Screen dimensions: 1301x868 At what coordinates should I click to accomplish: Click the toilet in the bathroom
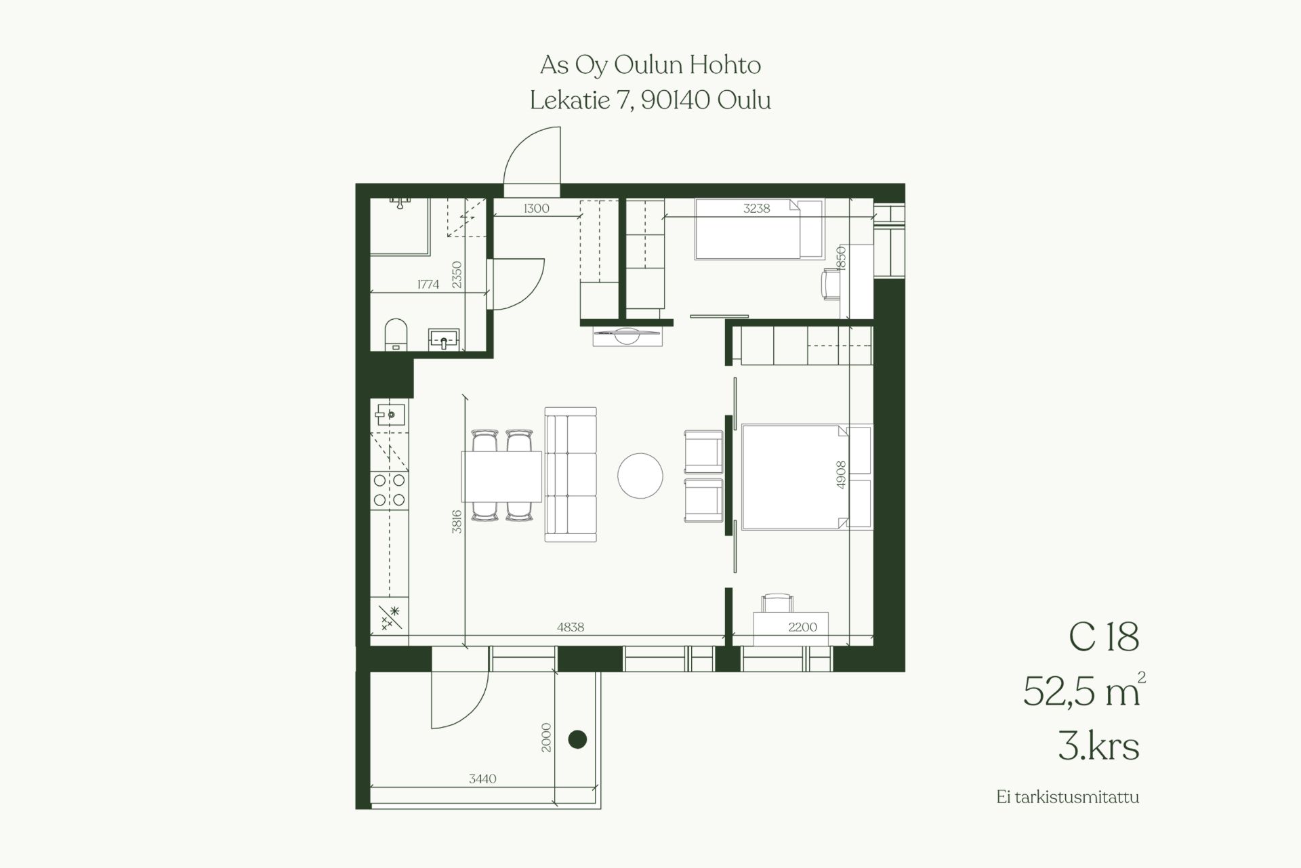396,334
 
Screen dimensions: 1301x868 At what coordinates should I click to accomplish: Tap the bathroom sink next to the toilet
444,339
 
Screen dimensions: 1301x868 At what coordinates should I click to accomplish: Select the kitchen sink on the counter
390,412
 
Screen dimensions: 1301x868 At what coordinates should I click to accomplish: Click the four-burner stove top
390,490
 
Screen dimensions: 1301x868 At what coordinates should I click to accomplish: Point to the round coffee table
640,476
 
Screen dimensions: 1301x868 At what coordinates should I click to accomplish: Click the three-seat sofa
571,474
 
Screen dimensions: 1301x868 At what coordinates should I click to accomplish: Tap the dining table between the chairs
502,476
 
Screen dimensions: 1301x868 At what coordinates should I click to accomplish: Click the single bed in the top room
759,229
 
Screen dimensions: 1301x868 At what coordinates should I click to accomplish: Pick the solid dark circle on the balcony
577,739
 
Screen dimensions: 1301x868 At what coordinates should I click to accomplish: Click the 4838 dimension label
571,627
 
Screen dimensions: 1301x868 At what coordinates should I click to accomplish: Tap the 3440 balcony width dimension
482,779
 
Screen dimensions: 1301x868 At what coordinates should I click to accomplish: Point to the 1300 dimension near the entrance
536,209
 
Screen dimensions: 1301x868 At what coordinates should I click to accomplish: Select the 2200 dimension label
803,627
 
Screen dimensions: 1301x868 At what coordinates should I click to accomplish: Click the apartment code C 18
1104,637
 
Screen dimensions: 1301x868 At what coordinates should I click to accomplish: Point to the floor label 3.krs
1098,746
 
